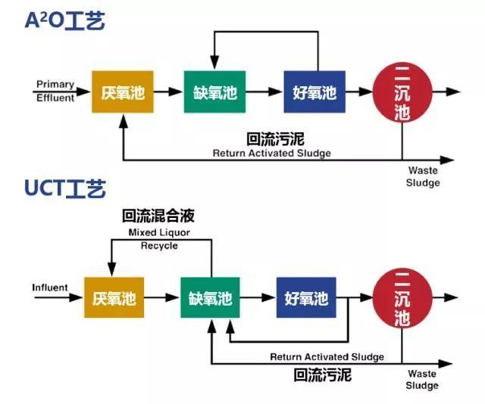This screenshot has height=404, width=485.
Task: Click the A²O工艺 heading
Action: tap(65, 20)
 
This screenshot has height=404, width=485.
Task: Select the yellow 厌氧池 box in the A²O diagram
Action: tap(122, 92)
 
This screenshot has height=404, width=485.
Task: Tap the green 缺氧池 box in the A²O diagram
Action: tap(214, 92)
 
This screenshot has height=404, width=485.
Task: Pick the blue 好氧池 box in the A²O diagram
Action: tap(314, 92)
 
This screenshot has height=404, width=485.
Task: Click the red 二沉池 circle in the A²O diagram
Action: tap(402, 92)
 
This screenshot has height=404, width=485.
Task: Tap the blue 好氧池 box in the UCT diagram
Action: tap(307, 298)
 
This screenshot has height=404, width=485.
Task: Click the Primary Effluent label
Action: tap(55, 91)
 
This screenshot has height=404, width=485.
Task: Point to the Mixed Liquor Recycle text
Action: tap(159, 239)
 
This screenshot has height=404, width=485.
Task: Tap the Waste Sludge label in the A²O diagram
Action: tap(422, 176)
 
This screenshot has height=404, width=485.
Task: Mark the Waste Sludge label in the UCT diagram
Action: tap(422, 380)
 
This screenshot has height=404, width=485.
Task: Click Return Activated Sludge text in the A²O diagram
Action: tap(272, 153)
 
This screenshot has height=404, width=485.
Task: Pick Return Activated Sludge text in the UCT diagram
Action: tap(327, 356)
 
